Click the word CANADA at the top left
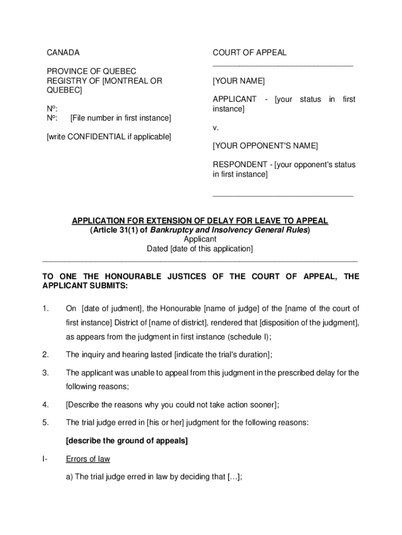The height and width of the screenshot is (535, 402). (63, 53)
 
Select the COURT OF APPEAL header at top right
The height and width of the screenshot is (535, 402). (250, 53)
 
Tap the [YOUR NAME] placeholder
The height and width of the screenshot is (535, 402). (239, 82)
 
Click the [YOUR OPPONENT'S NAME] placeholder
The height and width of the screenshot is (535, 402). (265, 145)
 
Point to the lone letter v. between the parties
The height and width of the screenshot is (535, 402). (215, 127)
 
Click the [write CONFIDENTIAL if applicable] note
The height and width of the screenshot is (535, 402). (109, 137)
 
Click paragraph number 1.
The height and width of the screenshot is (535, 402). (46, 309)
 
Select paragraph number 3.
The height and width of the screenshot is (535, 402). (46, 373)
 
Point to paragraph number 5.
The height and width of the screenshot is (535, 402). (46, 423)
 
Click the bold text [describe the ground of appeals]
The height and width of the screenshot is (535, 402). (127, 441)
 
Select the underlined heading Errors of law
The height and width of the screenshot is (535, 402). (88, 459)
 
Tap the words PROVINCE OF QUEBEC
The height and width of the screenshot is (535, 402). (91, 71)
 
